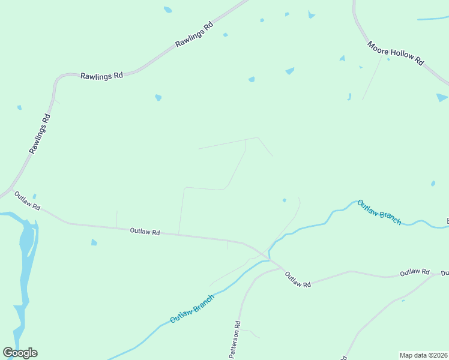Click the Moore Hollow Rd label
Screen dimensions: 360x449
(396, 53)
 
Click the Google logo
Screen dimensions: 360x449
(20, 353)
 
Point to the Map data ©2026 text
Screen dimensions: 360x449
(423, 355)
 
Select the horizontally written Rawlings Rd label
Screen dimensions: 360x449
(101, 76)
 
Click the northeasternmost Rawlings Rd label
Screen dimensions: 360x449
(194, 35)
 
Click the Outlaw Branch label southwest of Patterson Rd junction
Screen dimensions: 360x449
(191, 308)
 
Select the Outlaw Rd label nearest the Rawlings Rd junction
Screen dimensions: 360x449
(27, 201)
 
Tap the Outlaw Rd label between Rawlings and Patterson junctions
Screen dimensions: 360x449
(145, 232)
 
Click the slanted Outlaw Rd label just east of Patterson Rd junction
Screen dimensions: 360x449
(297, 279)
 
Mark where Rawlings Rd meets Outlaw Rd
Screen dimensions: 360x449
(11, 191)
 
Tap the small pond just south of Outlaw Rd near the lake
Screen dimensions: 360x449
(94, 242)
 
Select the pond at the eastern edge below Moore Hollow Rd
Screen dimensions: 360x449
(442, 97)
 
